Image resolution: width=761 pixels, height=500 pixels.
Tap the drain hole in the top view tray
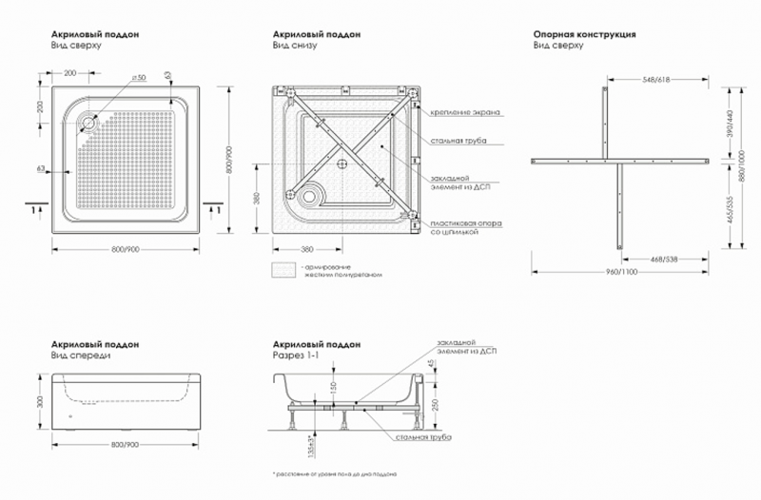click(91, 121)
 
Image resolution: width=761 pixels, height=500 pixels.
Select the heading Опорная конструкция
click(584, 34)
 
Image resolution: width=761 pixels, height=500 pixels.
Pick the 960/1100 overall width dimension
click(621, 273)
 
